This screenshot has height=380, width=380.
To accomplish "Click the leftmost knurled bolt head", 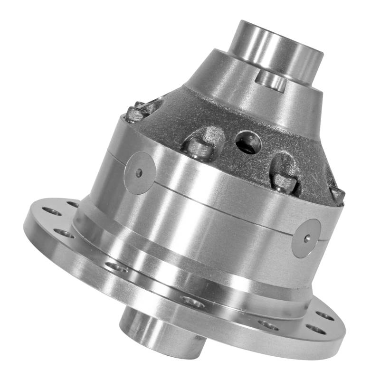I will click(x=135, y=114).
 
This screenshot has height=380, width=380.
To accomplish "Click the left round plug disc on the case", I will click(x=140, y=172).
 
